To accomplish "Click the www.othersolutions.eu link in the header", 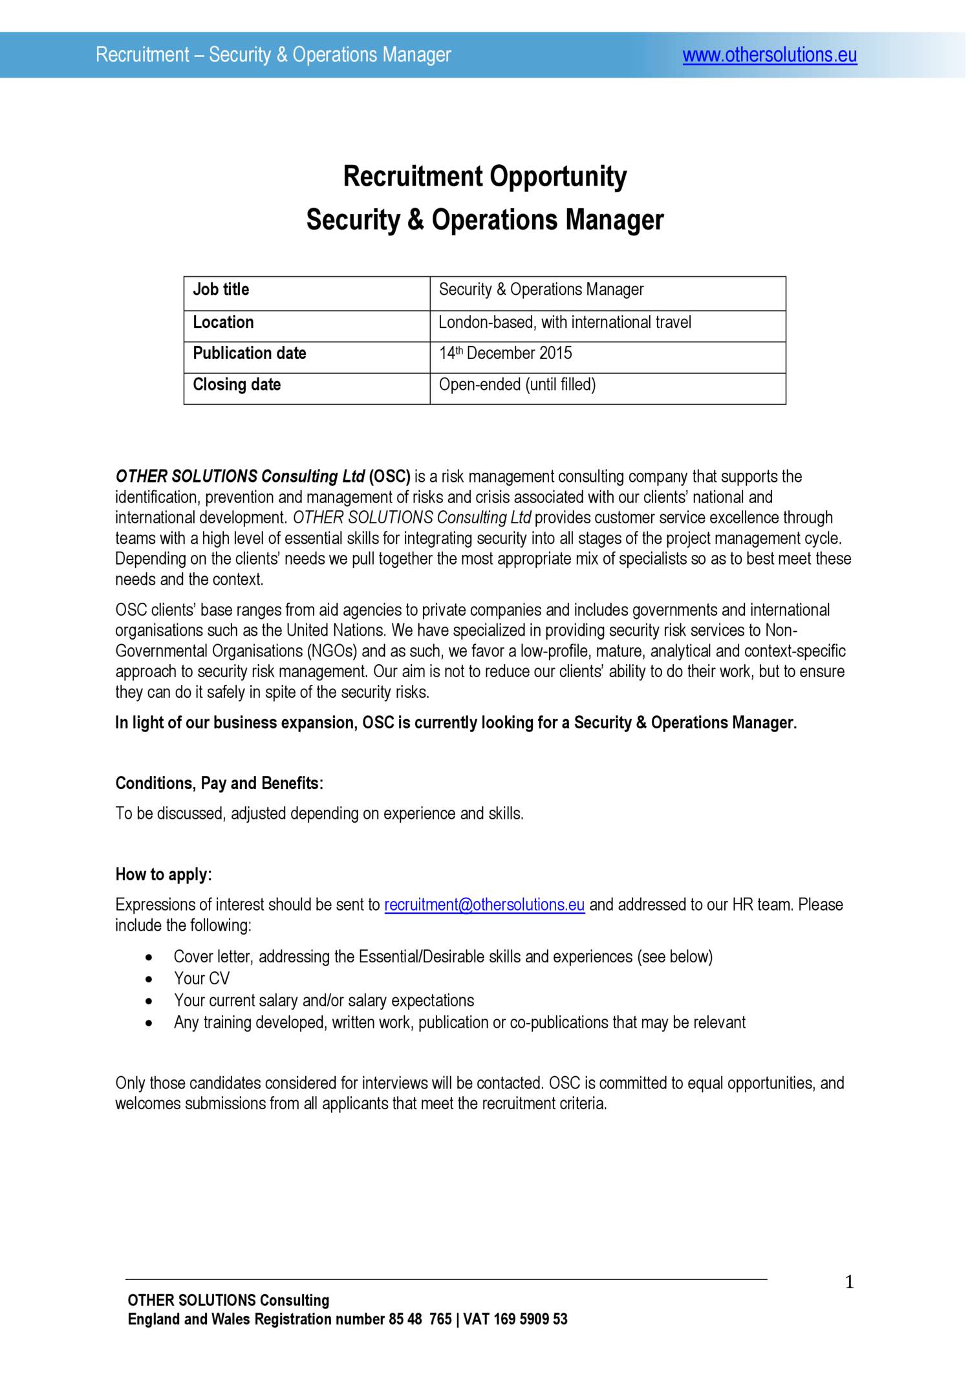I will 770,56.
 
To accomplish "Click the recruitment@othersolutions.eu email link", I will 484,905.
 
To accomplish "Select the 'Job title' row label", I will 221,290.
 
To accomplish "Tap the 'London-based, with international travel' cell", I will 565,322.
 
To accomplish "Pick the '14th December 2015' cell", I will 505,353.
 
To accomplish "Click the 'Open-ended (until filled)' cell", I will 517,385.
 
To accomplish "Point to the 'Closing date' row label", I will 237,385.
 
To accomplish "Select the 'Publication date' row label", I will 250,353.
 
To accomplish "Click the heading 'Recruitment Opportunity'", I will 484,177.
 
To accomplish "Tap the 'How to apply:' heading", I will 164,874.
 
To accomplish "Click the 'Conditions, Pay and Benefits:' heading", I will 219,783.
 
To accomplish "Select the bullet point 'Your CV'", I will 201,978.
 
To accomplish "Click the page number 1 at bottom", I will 849,1282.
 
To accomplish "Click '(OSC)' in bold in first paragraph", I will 389,477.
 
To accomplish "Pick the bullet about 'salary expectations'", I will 323,1000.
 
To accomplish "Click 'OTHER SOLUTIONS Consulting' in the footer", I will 228,1301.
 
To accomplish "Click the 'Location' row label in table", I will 223,322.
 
